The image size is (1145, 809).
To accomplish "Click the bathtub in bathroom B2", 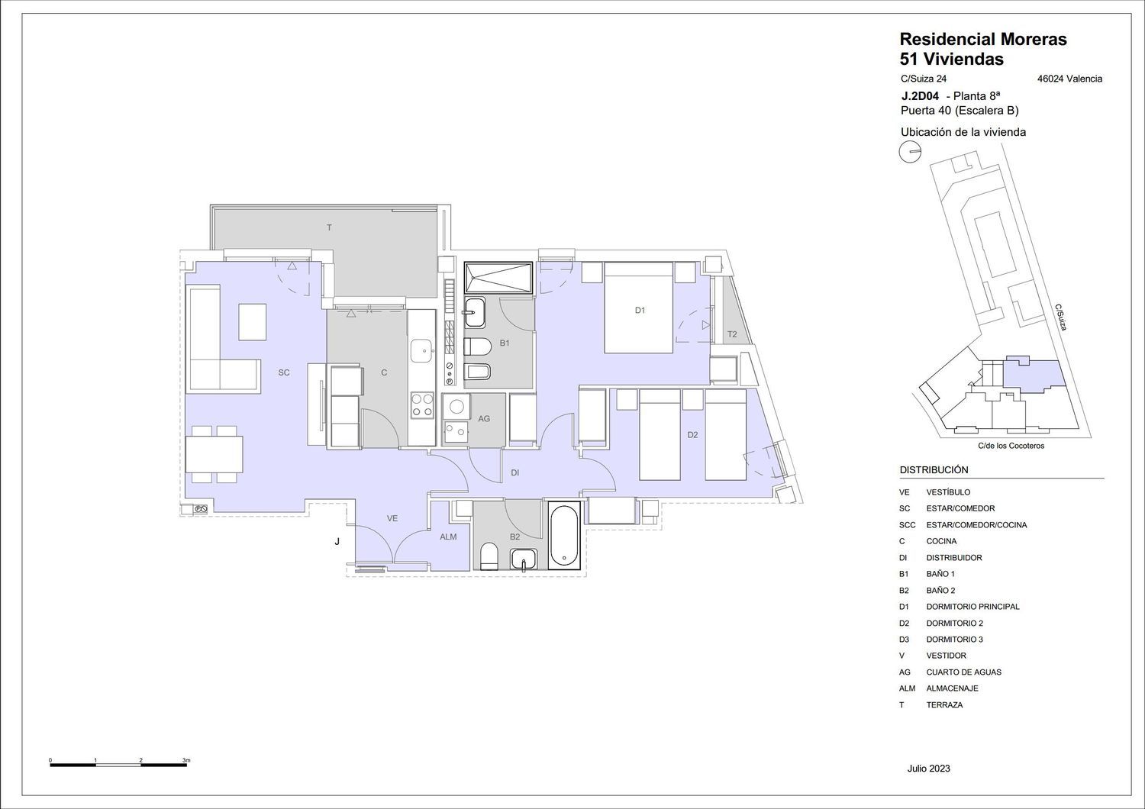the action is click(564, 535).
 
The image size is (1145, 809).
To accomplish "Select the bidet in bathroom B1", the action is click(477, 372).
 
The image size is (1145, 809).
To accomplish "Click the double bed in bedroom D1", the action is click(638, 308).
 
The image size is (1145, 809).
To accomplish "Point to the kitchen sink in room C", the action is click(422, 351).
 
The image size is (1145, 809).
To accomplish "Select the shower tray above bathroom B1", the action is click(498, 278).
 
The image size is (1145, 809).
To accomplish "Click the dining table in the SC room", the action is click(214, 454).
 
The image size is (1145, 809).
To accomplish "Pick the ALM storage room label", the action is click(448, 537).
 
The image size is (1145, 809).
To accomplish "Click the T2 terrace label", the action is click(732, 334).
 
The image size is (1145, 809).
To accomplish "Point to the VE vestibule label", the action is click(392, 518).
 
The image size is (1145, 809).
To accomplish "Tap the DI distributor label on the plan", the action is click(514, 472).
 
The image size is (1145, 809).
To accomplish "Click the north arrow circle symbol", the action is click(910, 152).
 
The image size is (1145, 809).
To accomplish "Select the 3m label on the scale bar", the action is click(186, 760).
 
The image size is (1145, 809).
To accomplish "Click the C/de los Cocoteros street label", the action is click(1011, 446).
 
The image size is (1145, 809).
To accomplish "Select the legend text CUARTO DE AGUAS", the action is click(963, 672).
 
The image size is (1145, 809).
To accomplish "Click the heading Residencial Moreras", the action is click(983, 40).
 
